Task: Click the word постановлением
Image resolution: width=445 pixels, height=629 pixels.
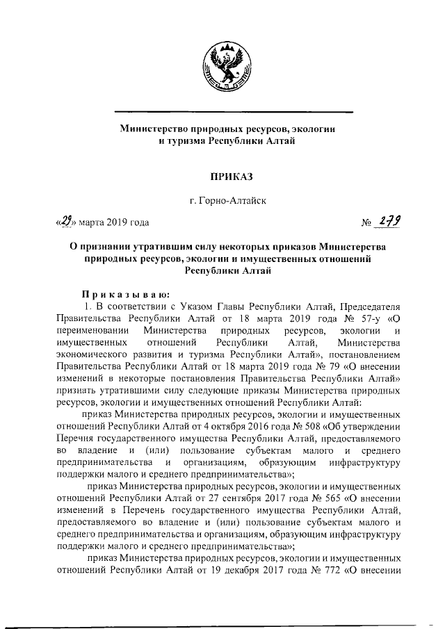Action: coord(366,354)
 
